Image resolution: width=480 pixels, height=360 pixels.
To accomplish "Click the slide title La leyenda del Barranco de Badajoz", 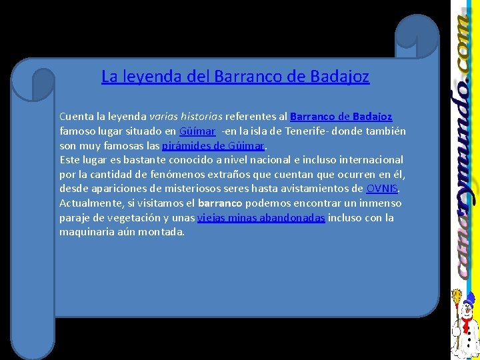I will click(235, 77).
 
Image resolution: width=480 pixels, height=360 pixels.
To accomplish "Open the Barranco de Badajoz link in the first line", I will click(341, 117).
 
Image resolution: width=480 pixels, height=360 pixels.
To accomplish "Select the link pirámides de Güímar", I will click(213, 145).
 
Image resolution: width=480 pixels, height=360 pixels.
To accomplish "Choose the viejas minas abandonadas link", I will click(261, 218).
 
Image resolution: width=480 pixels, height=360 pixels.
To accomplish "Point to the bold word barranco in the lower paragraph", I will click(221, 203).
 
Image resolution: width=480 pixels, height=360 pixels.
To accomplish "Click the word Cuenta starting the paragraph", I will click(76, 117).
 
